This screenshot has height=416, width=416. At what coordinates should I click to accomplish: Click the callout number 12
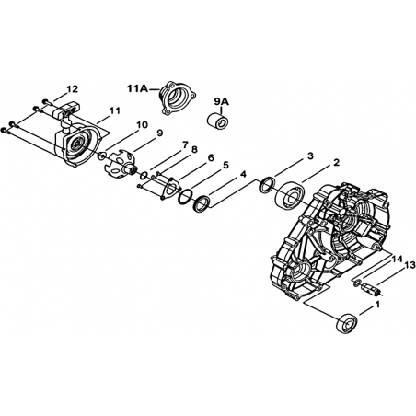(x=73, y=89)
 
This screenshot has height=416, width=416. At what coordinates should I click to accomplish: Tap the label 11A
(x=137, y=89)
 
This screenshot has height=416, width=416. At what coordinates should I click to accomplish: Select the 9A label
(x=221, y=102)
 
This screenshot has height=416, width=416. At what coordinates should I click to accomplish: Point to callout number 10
(x=142, y=125)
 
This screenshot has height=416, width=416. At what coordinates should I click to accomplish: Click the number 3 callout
(x=310, y=156)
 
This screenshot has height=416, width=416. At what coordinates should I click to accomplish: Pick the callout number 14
(x=398, y=260)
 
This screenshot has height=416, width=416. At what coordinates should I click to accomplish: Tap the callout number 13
(x=410, y=264)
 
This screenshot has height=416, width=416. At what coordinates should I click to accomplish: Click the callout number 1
(x=377, y=305)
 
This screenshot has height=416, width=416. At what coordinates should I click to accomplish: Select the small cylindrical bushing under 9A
(x=218, y=121)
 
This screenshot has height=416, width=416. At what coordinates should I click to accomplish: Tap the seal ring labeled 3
(x=267, y=185)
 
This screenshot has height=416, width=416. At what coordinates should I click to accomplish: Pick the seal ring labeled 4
(x=201, y=203)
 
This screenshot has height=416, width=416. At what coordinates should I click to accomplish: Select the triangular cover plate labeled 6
(x=169, y=189)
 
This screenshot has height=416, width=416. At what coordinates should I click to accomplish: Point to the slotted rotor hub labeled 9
(x=119, y=162)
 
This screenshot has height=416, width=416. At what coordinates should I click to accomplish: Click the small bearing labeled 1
(x=347, y=323)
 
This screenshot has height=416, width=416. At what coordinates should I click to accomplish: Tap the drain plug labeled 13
(x=372, y=289)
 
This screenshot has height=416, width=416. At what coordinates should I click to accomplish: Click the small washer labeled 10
(x=102, y=156)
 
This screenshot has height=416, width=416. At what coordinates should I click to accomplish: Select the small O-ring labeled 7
(x=143, y=176)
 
